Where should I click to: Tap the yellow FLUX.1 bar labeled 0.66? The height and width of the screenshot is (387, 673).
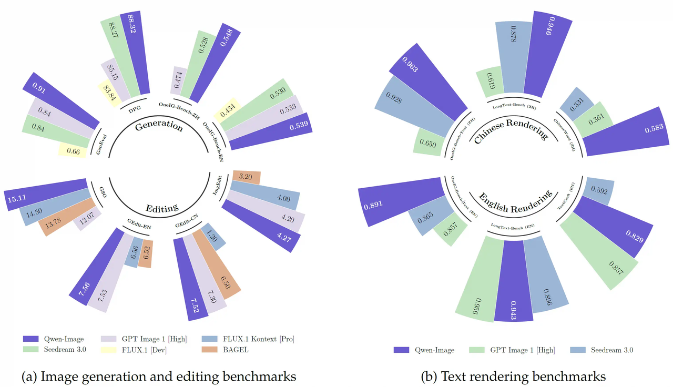[x=74, y=150]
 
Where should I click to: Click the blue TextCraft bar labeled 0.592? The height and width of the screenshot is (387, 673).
[x=597, y=191]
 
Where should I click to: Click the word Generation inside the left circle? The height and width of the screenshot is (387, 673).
[x=158, y=126]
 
